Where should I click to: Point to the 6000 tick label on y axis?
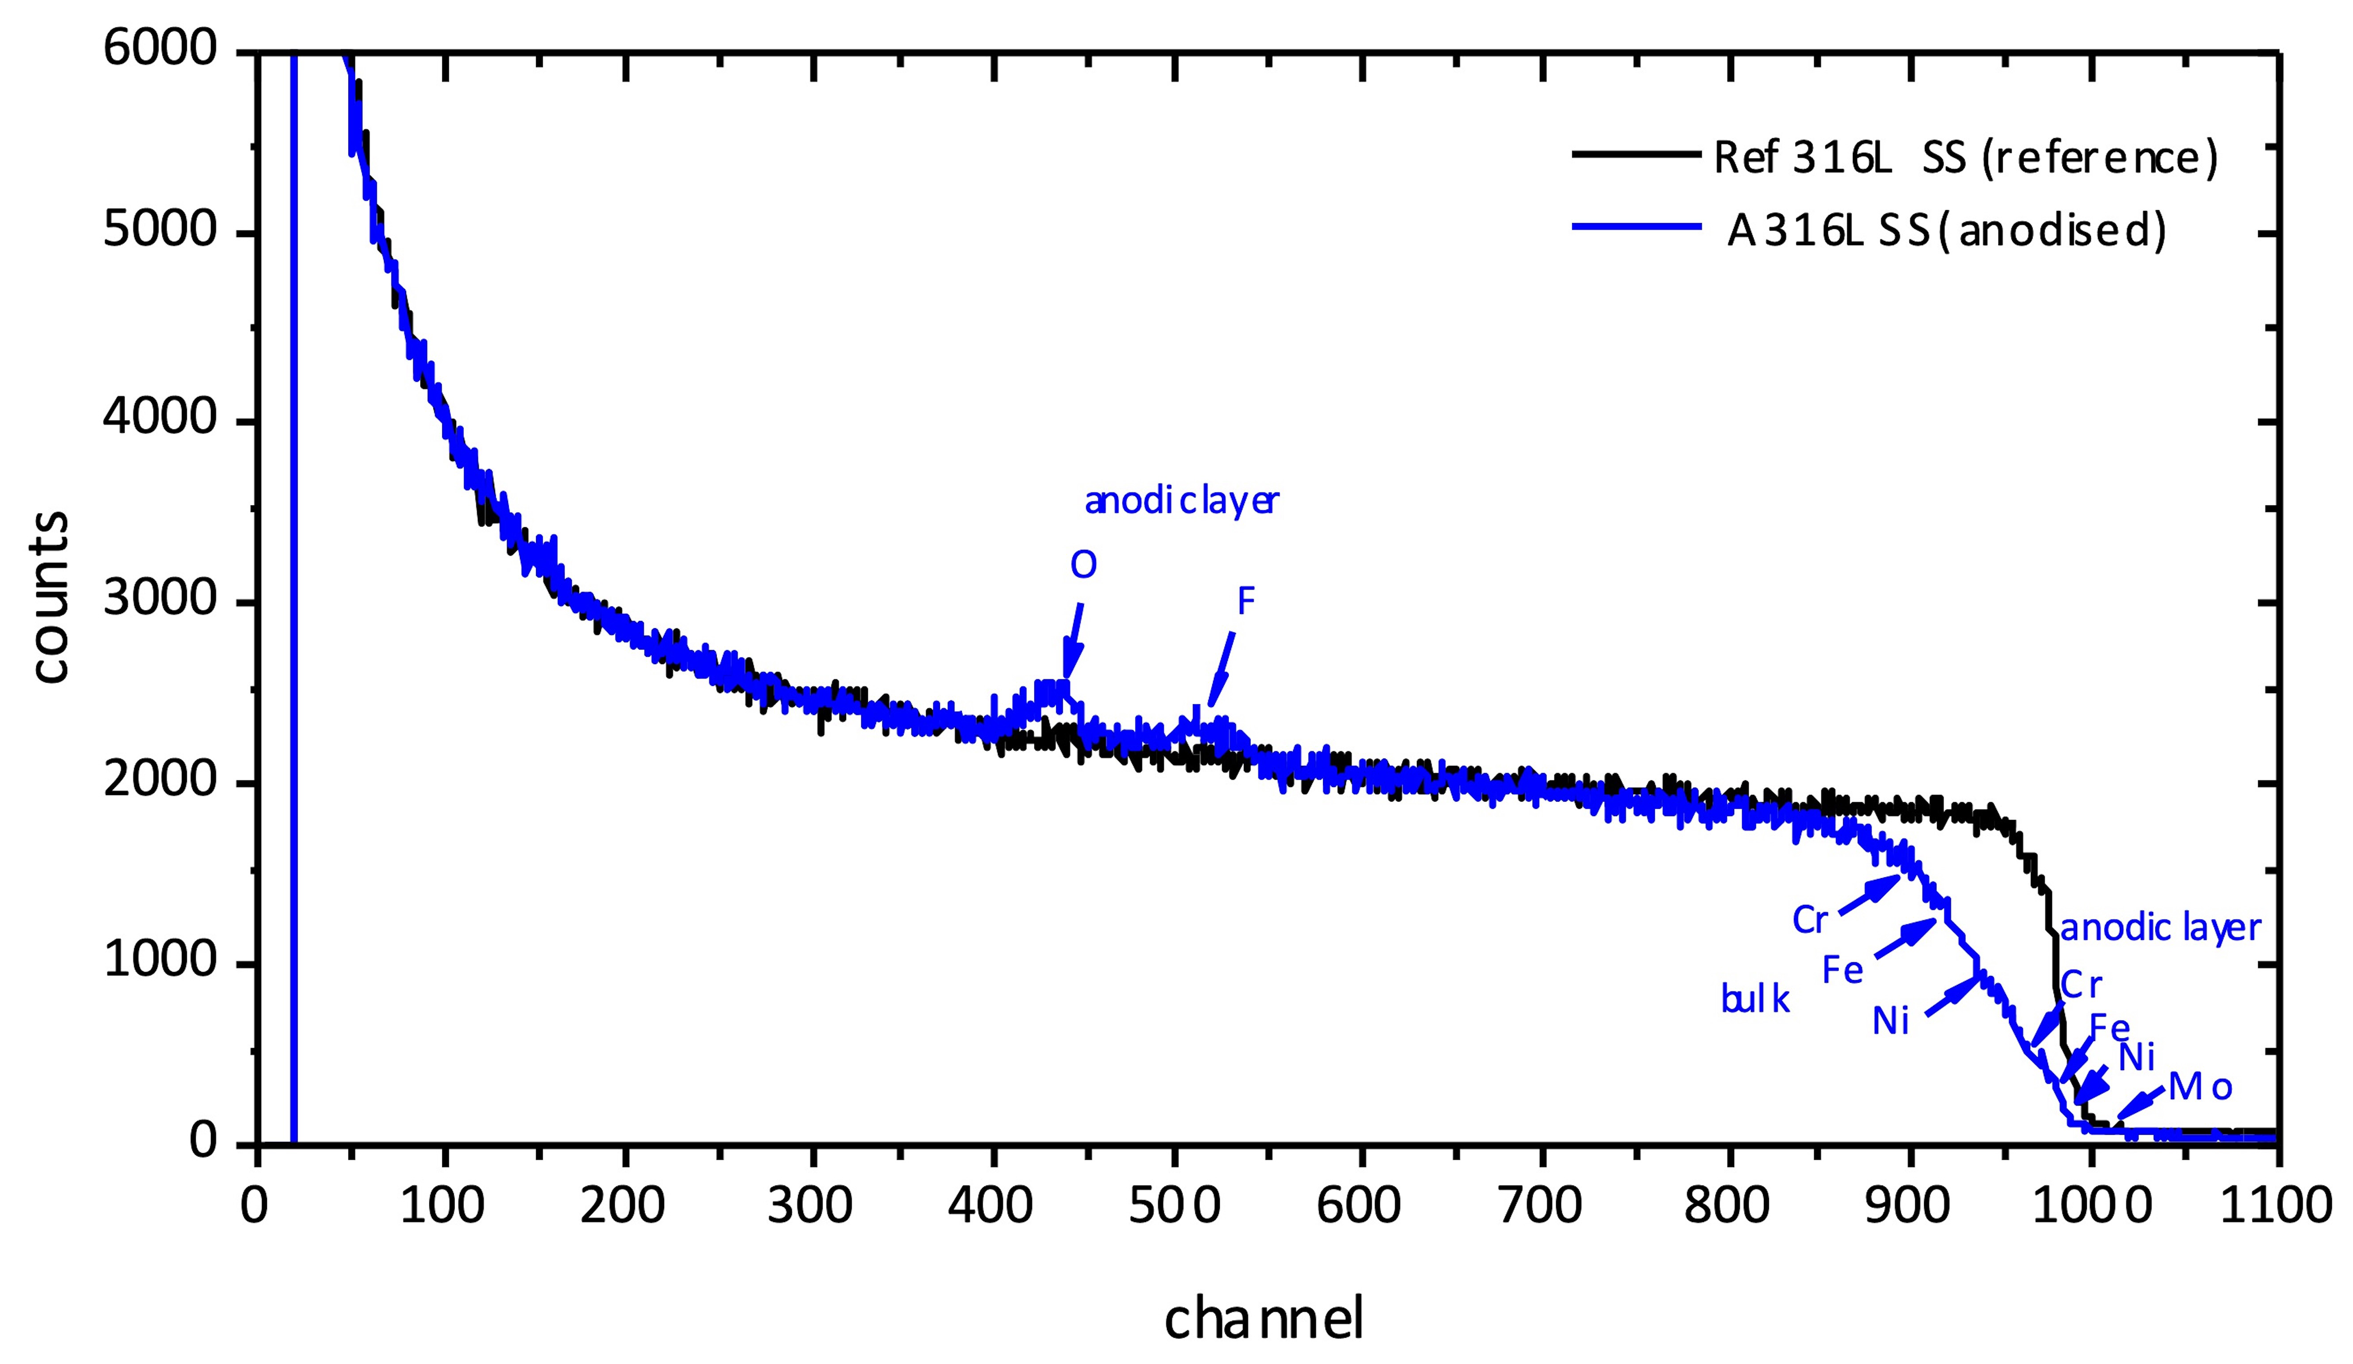161,49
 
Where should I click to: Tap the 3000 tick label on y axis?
161,599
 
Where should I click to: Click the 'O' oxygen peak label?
1083,565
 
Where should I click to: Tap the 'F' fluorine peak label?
1246,602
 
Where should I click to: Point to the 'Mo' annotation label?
2199,1087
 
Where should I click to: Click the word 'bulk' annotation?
1754,1000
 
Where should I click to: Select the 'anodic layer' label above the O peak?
1181,501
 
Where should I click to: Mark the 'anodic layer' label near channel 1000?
2160,928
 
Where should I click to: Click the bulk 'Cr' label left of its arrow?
1809,920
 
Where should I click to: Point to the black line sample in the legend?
1636,154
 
